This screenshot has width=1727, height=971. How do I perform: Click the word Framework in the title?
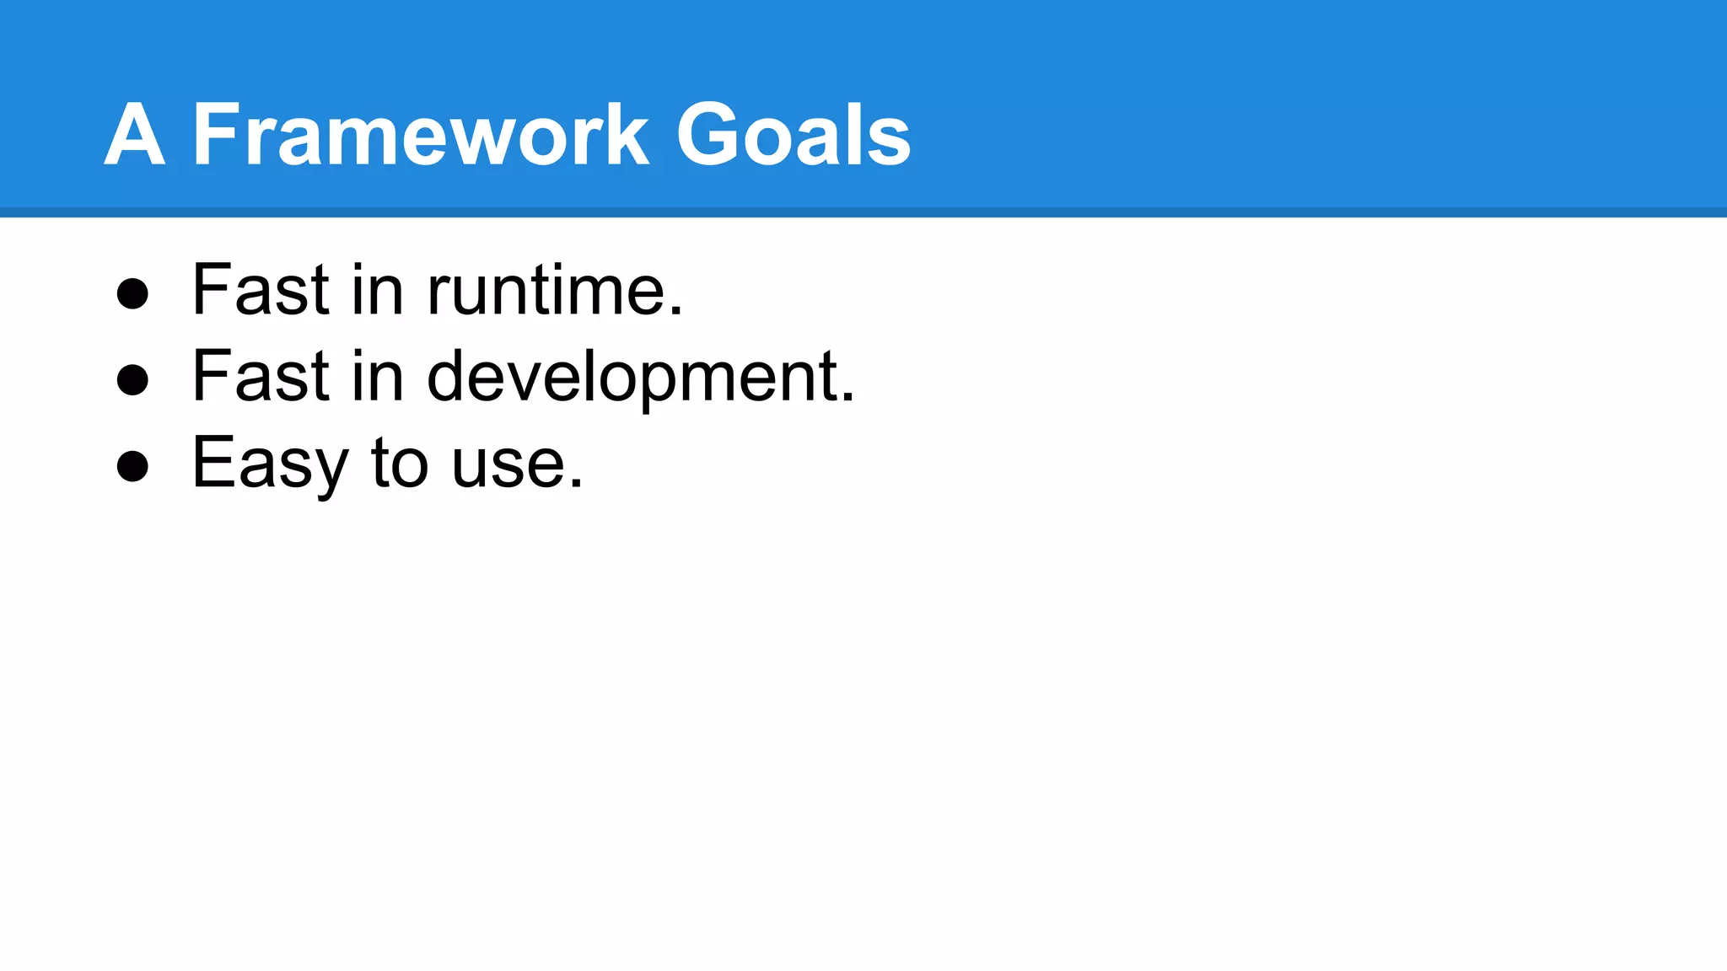click(421, 135)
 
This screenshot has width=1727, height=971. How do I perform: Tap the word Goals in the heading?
click(794, 135)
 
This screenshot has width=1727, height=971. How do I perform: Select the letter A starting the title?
click(134, 135)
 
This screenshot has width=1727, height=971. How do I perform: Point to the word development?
click(632, 377)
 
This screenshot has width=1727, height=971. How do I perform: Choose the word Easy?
click(270, 464)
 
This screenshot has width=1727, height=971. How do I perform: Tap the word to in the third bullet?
click(399, 464)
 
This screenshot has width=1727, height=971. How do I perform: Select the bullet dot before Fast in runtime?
click(132, 294)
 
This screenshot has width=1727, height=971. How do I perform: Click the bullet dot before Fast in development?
click(132, 380)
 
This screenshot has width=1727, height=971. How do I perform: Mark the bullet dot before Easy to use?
click(132, 466)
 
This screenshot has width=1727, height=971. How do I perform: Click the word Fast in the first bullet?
click(261, 291)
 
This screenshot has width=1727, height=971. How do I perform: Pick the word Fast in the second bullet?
click(261, 377)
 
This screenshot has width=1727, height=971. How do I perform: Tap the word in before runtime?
click(377, 291)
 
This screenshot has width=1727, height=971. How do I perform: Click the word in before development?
click(377, 377)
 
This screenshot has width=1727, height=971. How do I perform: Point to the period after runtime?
click(675, 313)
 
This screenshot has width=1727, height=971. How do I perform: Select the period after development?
click(847, 399)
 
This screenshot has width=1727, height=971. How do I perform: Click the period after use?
click(576, 485)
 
